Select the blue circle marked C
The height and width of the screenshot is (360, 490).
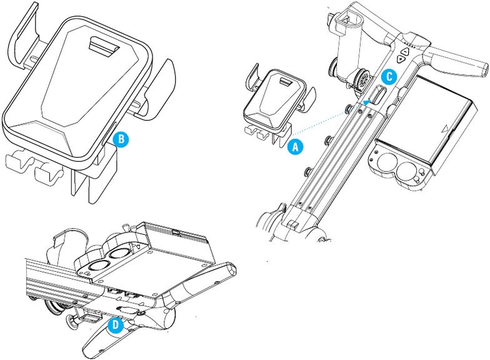click(388, 76)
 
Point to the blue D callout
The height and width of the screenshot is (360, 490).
click(114, 325)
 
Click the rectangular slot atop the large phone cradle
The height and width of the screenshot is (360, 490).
click(103, 45)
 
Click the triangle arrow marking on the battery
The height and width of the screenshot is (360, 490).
click(444, 129)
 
